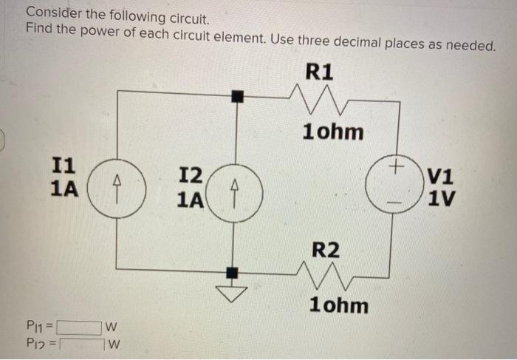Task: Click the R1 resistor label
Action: pos(319,72)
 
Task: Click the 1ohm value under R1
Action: pos(333,132)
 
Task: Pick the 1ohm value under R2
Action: pos(339,305)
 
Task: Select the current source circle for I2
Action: pos(235,191)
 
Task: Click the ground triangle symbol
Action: pos(234,295)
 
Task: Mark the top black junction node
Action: pos(235,95)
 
